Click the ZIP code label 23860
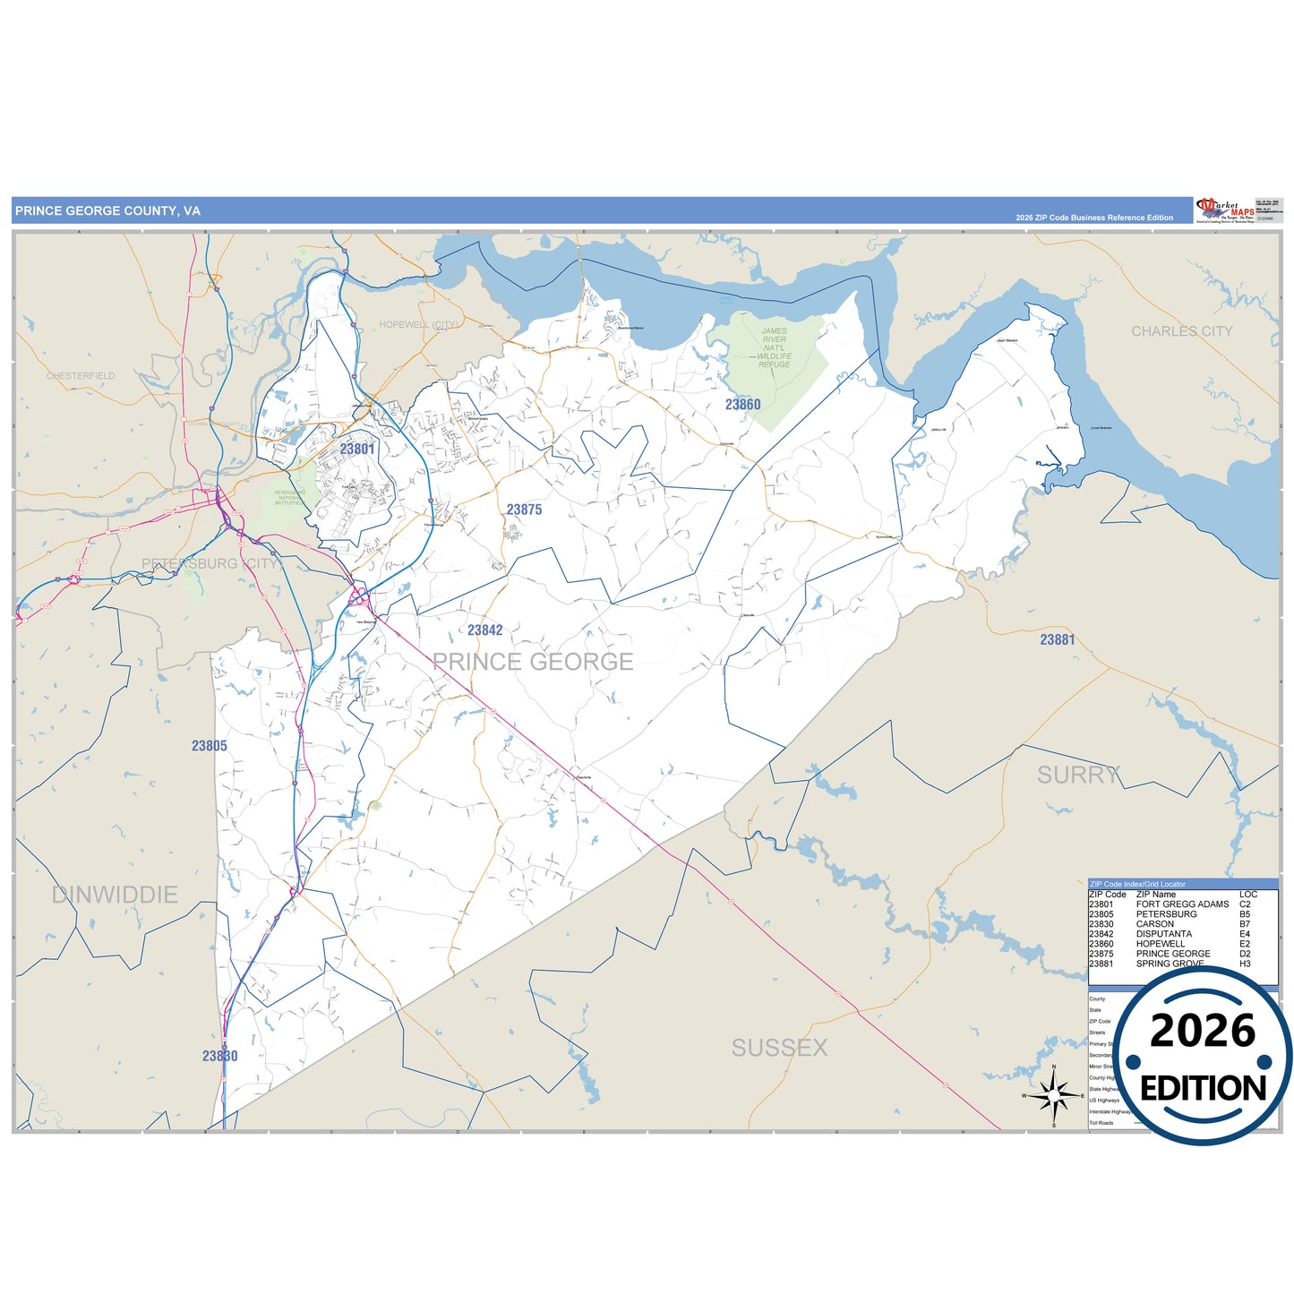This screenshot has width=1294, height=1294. tap(742, 405)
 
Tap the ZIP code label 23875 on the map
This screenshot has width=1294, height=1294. tap(524, 510)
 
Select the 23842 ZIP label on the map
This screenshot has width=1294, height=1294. tap(484, 630)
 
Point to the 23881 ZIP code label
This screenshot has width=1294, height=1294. tap(1057, 639)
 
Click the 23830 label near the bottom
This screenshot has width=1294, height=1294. tap(219, 1056)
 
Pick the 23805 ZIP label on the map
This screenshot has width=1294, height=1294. tap(209, 746)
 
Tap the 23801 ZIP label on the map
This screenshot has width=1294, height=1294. tap(356, 449)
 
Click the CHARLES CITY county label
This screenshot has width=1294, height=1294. tap(1181, 331)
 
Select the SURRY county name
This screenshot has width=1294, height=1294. tap(1077, 775)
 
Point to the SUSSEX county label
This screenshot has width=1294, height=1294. tap(779, 1048)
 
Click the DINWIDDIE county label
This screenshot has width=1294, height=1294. tap(115, 895)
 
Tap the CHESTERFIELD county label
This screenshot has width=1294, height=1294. tap(81, 376)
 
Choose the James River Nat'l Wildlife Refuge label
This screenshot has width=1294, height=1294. tap(774, 347)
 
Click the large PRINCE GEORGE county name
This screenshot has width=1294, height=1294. tap(533, 662)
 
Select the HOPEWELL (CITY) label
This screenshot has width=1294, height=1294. tap(418, 324)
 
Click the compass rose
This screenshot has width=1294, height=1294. tap(1054, 1095)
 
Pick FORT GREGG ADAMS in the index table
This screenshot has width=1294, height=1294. tap(1182, 904)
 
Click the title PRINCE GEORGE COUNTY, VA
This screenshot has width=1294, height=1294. tap(107, 211)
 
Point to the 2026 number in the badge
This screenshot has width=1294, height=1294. tap(1202, 1032)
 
